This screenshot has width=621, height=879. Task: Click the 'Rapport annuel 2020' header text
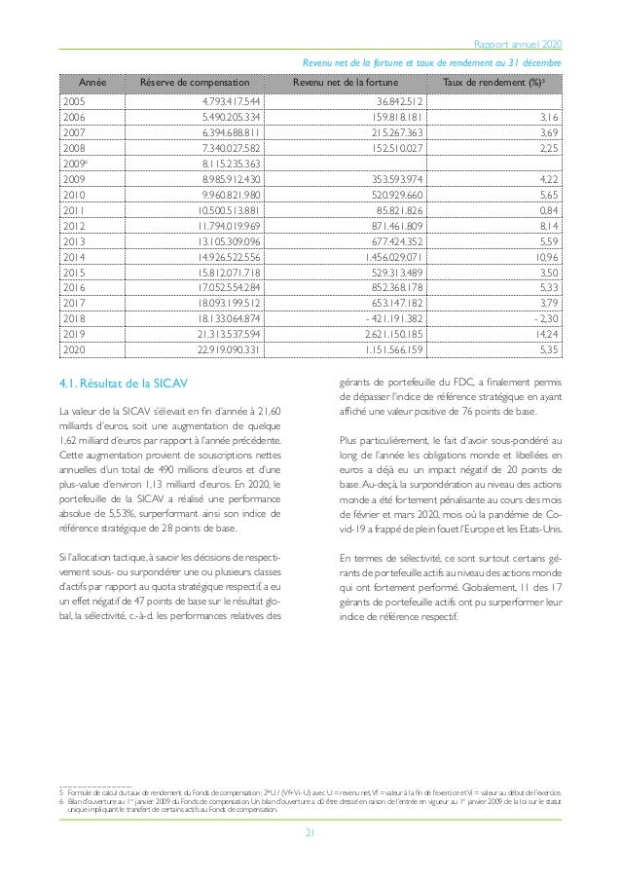coord(516,46)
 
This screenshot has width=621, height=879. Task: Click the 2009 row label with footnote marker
coord(75,164)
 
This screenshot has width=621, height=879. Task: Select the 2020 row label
coord(73,348)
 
